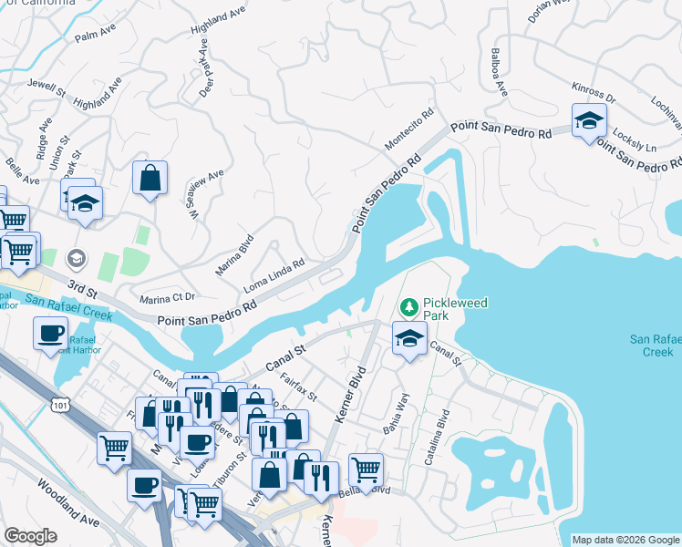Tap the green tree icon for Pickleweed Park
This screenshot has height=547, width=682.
click(409, 305)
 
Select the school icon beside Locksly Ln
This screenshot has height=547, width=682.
click(589, 120)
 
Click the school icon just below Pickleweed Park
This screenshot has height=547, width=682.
click(409, 337)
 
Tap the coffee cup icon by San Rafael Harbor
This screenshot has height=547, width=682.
click(50, 333)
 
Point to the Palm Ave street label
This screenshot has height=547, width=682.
click(97, 36)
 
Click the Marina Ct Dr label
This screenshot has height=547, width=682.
click(168, 298)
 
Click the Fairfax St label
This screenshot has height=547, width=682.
click(298, 392)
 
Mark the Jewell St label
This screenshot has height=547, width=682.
click(47, 88)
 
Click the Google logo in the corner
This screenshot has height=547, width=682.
click(30, 536)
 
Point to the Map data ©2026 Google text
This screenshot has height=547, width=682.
click(625, 540)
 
